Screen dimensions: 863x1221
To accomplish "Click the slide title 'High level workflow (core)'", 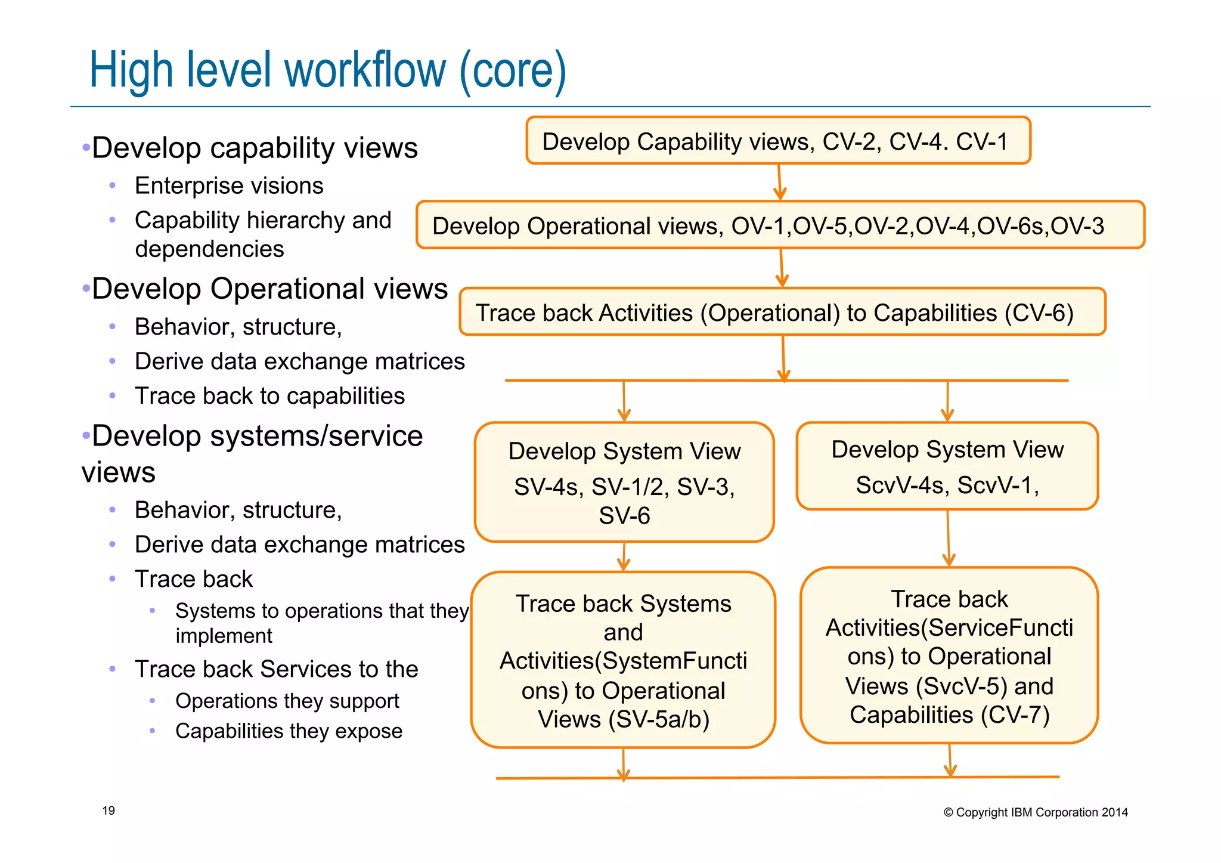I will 327,70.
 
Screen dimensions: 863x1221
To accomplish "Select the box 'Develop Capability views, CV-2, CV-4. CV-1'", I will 777,141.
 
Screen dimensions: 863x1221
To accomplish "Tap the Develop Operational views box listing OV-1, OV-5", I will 780,225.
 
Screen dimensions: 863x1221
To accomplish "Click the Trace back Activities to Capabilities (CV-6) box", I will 782,313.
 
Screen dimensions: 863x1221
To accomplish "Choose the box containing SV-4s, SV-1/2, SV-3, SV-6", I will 624,482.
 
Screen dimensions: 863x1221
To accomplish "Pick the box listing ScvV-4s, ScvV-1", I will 947,466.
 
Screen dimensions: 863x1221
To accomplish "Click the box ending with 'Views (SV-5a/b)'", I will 623,660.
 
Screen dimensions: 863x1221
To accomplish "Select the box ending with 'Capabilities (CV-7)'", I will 949,655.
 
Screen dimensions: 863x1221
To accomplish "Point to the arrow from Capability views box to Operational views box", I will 779,183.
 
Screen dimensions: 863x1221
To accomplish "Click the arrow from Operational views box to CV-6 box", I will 782,268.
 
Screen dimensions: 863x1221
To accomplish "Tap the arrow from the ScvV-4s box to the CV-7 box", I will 948,539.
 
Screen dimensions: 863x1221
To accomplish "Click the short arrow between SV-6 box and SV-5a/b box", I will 624,557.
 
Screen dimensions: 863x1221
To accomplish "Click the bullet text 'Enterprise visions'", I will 229,186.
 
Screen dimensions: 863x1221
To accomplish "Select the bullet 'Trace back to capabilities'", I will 269,396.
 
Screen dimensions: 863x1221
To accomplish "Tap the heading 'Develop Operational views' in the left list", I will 269,289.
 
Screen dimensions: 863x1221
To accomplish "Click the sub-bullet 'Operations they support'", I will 287,701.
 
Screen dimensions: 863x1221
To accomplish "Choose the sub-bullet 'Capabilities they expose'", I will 289,731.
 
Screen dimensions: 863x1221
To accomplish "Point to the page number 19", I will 109,811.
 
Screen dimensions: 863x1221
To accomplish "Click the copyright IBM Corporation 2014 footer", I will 1036,812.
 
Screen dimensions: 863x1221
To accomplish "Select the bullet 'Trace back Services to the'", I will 276,669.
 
